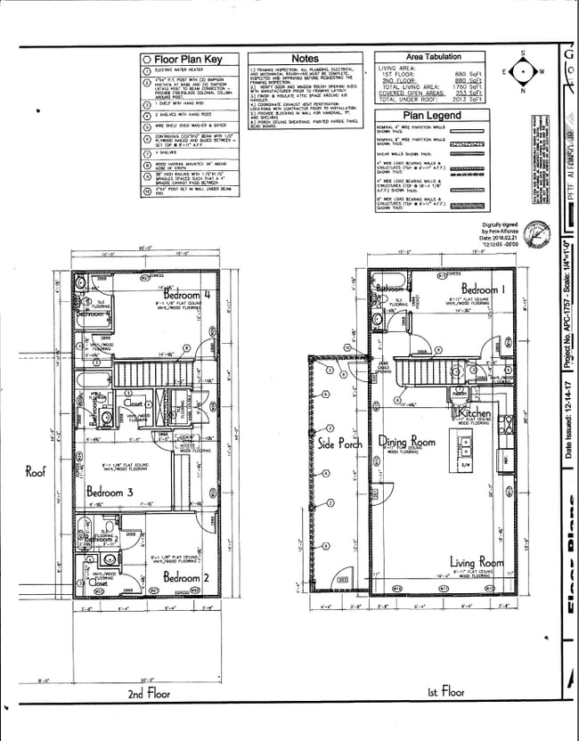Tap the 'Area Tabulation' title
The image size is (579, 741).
pos(433,56)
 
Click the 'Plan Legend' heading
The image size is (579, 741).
pos(432,115)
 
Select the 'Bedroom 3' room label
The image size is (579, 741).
pos(110,491)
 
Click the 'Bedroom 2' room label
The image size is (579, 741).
pos(185,578)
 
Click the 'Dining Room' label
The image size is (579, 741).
pos(406,442)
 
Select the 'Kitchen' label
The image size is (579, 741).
pos(476,414)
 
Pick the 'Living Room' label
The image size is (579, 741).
pos(477,562)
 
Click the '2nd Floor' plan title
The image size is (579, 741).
pos(148,692)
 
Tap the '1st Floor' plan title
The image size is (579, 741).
pos(445,691)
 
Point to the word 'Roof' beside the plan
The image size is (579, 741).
pos(35,472)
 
